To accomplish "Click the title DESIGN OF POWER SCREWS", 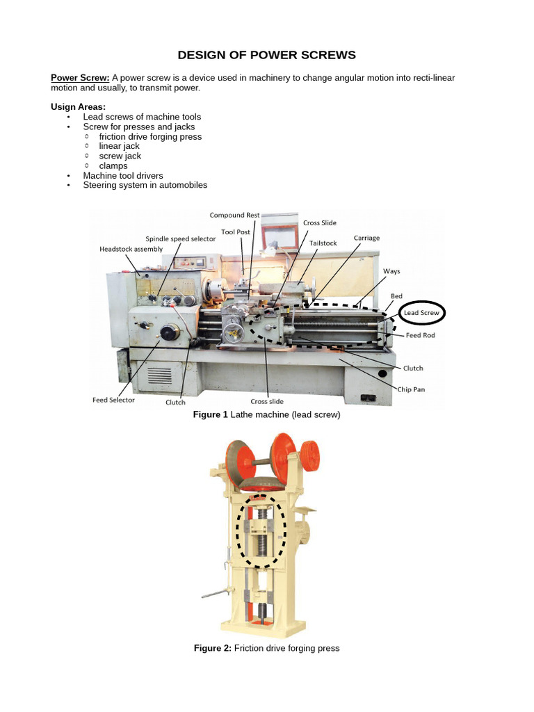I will [x=267, y=55].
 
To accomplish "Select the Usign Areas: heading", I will [x=78, y=107].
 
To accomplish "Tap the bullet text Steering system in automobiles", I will [x=145, y=185].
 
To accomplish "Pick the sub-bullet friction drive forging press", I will [x=150, y=136].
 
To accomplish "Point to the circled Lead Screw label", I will [x=421, y=314].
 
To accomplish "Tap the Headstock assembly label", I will [x=131, y=249].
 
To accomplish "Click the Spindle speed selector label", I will [x=180, y=238].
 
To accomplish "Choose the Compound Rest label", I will [x=234, y=216].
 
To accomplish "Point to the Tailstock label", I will [x=323, y=243].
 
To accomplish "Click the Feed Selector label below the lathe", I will [x=113, y=400].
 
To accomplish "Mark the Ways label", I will [x=391, y=271].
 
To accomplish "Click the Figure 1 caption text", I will [x=266, y=415].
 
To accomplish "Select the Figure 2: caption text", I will [x=266, y=648].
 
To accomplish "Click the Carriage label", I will [x=366, y=238].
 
